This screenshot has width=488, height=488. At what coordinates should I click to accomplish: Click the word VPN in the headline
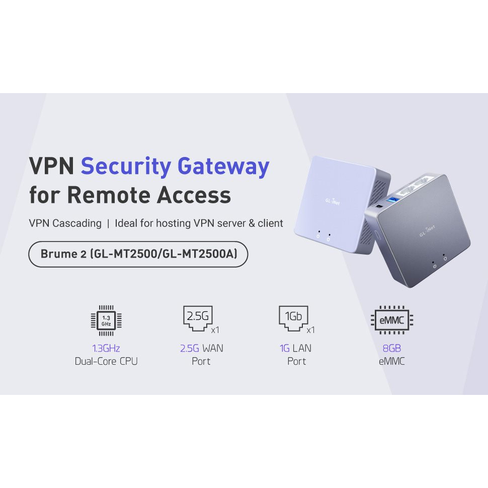point(51,167)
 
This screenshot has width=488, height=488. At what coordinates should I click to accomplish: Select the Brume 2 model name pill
point(138,255)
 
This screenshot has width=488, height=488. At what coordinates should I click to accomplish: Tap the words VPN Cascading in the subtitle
point(65,223)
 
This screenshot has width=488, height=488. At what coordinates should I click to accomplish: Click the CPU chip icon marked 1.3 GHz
point(106,320)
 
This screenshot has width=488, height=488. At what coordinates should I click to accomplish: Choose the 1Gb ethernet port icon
point(293,318)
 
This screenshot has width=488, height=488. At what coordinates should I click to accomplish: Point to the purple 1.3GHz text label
point(106,348)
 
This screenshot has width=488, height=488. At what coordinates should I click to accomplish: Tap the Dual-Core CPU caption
point(106,361)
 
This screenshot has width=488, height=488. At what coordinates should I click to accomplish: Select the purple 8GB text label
point(392,348)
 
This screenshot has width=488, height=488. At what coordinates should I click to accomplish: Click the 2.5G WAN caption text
point(201,348)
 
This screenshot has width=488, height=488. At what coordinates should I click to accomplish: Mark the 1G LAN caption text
point(296,348)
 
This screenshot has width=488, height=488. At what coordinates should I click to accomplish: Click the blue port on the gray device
point(388,203)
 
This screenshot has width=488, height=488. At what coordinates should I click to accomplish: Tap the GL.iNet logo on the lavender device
point(331,202)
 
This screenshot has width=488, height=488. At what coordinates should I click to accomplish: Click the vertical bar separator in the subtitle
point(108,223)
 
